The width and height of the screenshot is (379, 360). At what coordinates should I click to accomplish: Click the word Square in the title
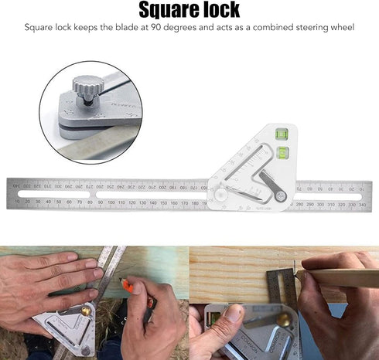point(165,10)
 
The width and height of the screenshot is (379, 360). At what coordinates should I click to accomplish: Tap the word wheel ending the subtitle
point(340,29)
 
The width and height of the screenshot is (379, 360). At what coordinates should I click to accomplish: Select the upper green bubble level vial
point(282,134)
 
